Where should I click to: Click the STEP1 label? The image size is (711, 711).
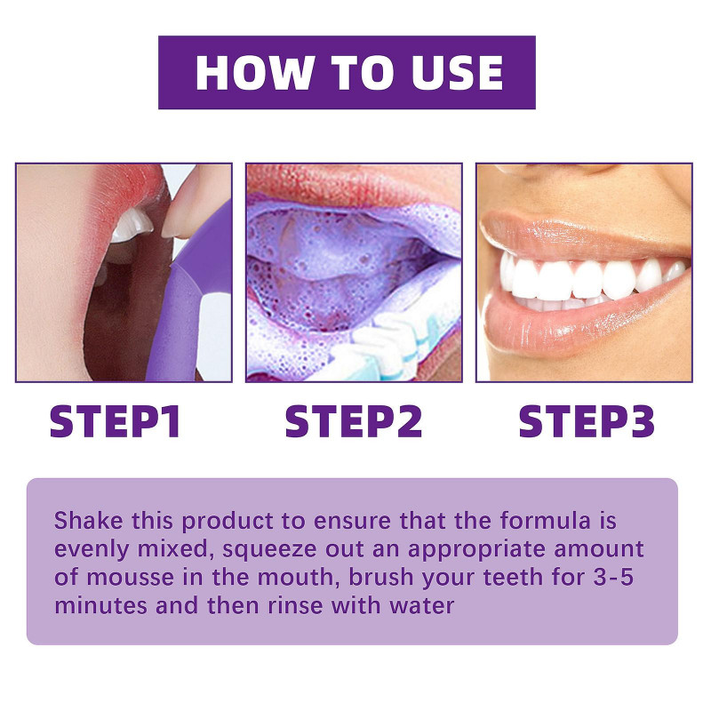point(116,421)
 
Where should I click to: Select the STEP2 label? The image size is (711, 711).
point(353,421)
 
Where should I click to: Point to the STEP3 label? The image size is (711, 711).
point(587,421)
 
